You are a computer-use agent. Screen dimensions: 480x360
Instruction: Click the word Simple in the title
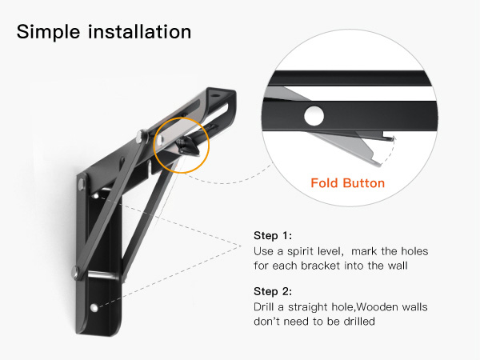pos(48,32)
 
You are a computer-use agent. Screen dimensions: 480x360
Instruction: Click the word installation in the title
pos(139,31)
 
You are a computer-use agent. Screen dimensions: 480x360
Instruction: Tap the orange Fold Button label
pos(348,183)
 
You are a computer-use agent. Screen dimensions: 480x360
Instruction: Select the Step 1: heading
pos(273,236)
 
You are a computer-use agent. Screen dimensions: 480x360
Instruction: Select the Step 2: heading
pos(273,291)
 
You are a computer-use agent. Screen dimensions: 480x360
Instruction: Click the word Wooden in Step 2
pos(377,306)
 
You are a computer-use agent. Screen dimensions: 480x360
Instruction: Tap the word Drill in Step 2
pos(263,306)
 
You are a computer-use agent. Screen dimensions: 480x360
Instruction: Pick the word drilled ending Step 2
pos(359,321)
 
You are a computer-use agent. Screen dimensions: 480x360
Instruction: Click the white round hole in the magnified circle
pos(314,116)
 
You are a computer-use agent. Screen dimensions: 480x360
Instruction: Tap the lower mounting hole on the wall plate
pos(94,307)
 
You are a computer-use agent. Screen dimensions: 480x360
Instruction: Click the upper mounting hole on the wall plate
pos(97,196)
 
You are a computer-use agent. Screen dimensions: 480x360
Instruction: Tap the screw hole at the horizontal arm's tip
pos(216,95)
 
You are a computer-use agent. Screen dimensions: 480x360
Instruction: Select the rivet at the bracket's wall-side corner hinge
pos(81,184)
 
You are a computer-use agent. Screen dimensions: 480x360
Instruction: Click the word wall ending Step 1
pos(398,266)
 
